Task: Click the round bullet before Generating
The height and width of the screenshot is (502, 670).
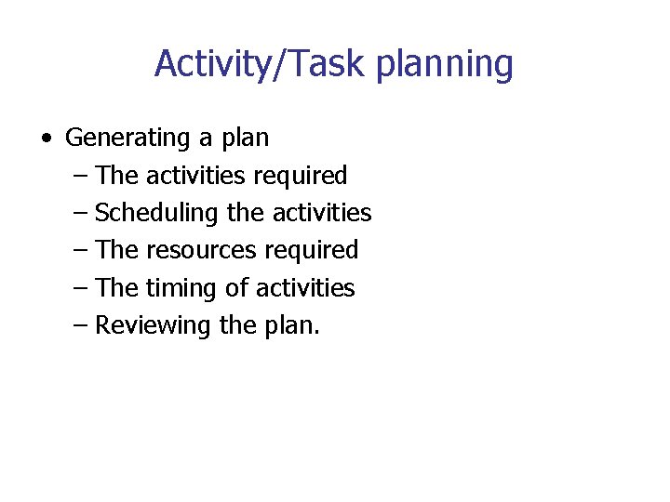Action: [x=46, y=139]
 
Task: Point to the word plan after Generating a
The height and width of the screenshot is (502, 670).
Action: [x=245, y=139]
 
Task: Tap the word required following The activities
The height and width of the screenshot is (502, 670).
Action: [x=299, y=176]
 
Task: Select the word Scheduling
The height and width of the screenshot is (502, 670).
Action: [x=155, y=214]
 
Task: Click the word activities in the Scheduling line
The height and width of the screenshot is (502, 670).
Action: [x=322, y=213]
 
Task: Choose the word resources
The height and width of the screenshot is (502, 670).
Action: [x=202, y=250]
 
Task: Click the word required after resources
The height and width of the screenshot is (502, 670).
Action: [x=311, y=251]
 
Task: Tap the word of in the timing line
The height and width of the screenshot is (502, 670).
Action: [x=236, y=288]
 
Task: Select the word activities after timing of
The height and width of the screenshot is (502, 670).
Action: [x=305, y=288]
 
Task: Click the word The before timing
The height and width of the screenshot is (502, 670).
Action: [x=117, y=288]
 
